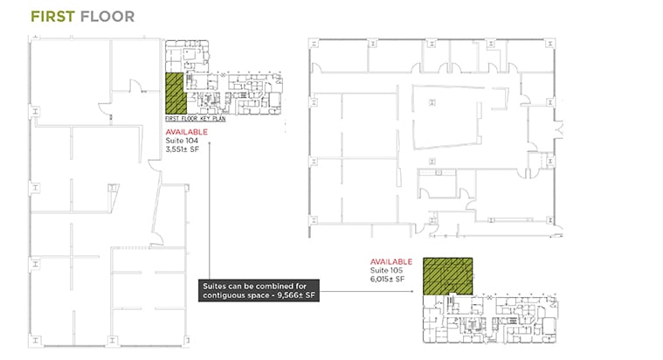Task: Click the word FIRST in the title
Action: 53,17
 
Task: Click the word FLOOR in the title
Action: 107,17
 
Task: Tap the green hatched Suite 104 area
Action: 176,93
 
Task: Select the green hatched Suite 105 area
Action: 448,276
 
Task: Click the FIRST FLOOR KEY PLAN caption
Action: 196,119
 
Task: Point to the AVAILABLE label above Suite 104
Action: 186,132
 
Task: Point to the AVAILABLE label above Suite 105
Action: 391,262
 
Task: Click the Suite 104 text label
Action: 182,141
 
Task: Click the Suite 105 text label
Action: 386,270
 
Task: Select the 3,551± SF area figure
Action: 183,149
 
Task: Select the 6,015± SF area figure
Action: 387,279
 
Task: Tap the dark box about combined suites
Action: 259,291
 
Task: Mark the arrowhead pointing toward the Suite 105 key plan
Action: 412,291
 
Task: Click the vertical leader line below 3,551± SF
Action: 210,211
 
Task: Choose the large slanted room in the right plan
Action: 448,117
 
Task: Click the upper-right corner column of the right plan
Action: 549,43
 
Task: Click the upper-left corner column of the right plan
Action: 314,43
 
